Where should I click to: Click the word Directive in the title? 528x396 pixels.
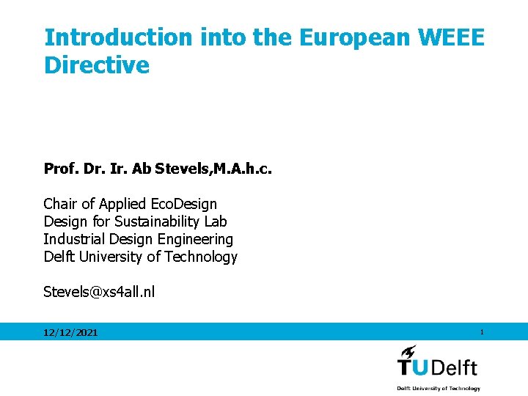97,65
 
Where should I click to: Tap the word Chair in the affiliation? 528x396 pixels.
60,204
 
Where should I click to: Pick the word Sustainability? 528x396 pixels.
153,221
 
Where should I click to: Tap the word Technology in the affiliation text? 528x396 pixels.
201,257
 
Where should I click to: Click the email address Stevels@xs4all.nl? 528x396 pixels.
99,292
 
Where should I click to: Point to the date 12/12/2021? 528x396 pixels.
70,333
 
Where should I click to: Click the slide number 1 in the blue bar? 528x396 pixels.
482,332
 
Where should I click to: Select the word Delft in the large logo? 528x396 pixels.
455,367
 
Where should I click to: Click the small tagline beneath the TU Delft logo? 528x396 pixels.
439,388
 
